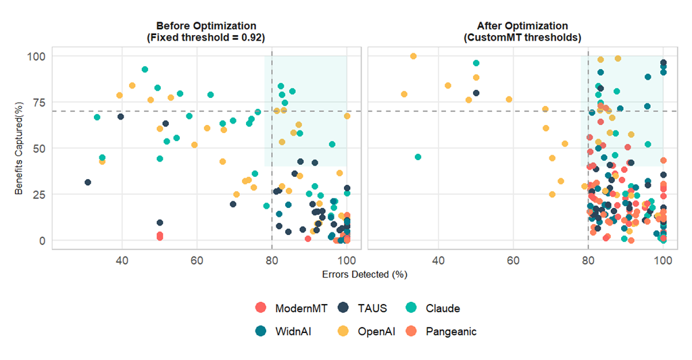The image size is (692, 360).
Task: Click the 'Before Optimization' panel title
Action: point(205,26)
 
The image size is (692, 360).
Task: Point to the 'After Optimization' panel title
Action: point(522,26)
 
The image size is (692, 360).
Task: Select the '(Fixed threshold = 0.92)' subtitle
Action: point(205,38)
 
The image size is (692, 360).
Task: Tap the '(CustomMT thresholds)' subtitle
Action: point(522,38)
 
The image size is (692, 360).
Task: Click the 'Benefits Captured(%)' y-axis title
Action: point(20,149)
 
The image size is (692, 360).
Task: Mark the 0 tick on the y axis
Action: point(41,240)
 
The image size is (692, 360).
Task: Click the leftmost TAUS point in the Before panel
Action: point(88,182)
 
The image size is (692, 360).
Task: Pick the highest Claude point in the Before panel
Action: point(145,70)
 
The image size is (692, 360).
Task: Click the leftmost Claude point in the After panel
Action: point(418,157)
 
